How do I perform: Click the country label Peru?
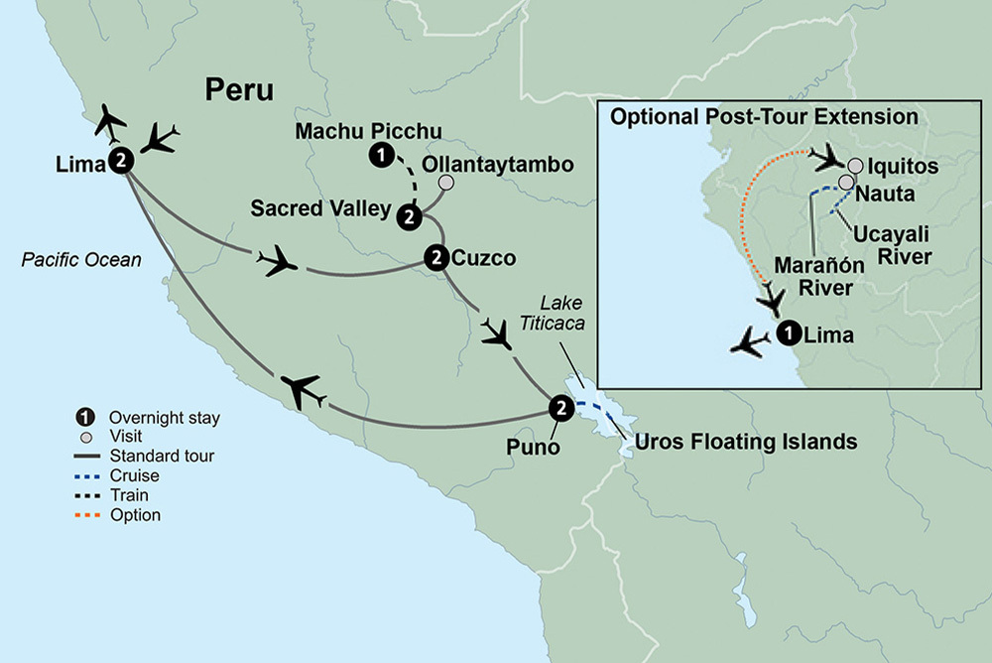239,90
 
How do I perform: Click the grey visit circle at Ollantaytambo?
446,183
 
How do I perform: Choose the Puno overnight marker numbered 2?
559,407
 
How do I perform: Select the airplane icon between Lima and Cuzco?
278,262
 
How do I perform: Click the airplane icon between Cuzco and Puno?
496,332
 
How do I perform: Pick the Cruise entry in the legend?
137,476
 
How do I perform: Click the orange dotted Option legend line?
91,515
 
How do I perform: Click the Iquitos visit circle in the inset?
855,166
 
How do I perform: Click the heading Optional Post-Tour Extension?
763,117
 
